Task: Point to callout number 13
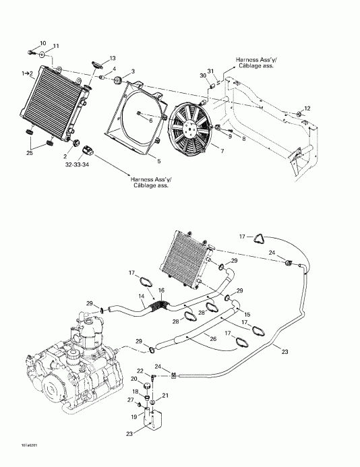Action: pyautogui.click(x=112, y=58)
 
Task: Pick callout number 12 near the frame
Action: pyautogui.click(x=307, y=108)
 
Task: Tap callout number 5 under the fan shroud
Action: pyautogui.click(x=158, y=161)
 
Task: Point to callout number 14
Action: pyautogui.click(x=141, y=296)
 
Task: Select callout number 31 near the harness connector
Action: pyautogui.click(x=210, y=72)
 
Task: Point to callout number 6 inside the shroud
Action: pyautogui.click(x=141, y=120)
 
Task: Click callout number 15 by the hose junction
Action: pyautogui.click(x=247, y=315)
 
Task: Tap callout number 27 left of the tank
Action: pyautogui.click(x=130, y=401)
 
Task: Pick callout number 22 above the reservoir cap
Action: pyautogui.click(x=140, y=371)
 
